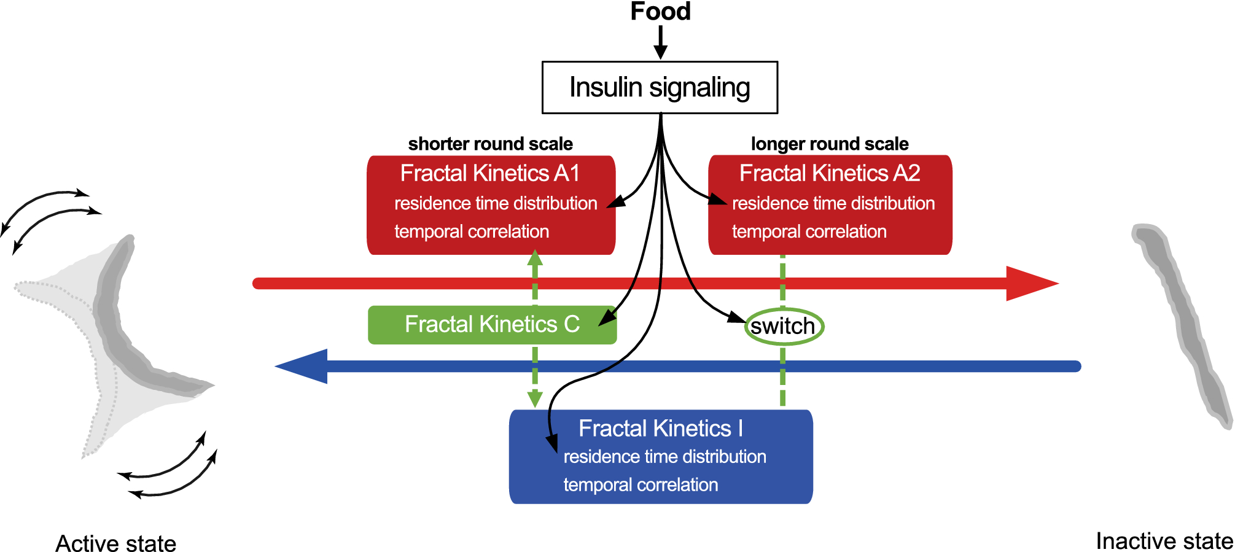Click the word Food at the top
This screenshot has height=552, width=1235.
(660, 12)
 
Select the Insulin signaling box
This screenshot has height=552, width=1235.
(660, 87)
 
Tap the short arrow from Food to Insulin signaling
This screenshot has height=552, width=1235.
(660, 43)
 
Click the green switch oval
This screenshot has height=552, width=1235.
(783, 326)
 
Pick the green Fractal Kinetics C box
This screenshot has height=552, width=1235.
(491, 324)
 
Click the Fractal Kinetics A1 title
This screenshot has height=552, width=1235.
(489, 173)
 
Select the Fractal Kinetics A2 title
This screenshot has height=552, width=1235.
(829, 173)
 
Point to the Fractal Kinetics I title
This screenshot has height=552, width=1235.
(660, 428)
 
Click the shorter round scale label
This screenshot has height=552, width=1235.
(490, 144)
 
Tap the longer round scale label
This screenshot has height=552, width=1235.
(829, 144)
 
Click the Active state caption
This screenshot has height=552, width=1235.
(115, 543)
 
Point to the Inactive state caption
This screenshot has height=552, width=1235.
(1164, 541)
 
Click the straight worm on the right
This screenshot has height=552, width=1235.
(1182, 325)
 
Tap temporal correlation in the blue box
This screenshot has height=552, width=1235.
(641, 484)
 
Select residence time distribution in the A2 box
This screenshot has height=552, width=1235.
(833, 203)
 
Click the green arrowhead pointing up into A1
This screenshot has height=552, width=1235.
(535, 258)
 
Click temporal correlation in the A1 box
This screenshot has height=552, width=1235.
(472, 231)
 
